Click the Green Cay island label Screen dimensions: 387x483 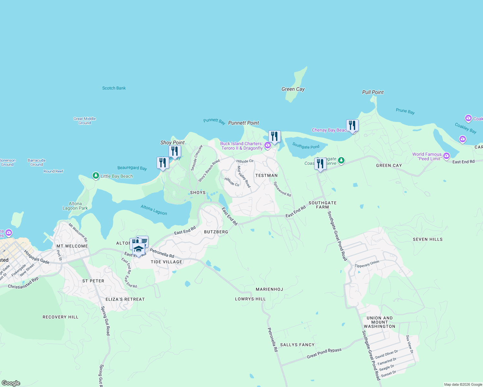pos(293,89)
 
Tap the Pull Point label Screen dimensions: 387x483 pos(373,92)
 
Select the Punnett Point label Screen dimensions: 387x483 pos(243,123)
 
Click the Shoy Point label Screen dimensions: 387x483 pos(172,143)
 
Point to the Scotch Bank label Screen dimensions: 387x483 pos(114,88)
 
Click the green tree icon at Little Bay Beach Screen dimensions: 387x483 pos(96,176)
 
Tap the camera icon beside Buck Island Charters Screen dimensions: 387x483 pos(268,146)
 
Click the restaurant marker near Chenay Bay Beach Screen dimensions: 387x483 pos(352,125)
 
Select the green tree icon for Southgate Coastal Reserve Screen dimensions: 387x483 pos(341,161)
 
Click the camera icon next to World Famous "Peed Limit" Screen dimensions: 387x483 pos(447,156)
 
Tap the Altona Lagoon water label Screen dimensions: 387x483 pos(154,210)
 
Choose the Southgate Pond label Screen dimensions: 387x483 pos(306,146)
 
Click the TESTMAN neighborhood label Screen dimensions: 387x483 pos(266,175)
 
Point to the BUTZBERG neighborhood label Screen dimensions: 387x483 pos(216,232)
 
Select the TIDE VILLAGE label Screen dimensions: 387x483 pos(166,262)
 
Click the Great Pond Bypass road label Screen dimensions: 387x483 pos(324,353)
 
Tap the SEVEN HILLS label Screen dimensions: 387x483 pos(427,239)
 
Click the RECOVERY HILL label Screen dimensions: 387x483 pos(60,317)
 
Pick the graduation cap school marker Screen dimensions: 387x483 pos(139,250)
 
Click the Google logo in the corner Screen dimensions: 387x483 pos(11,383)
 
